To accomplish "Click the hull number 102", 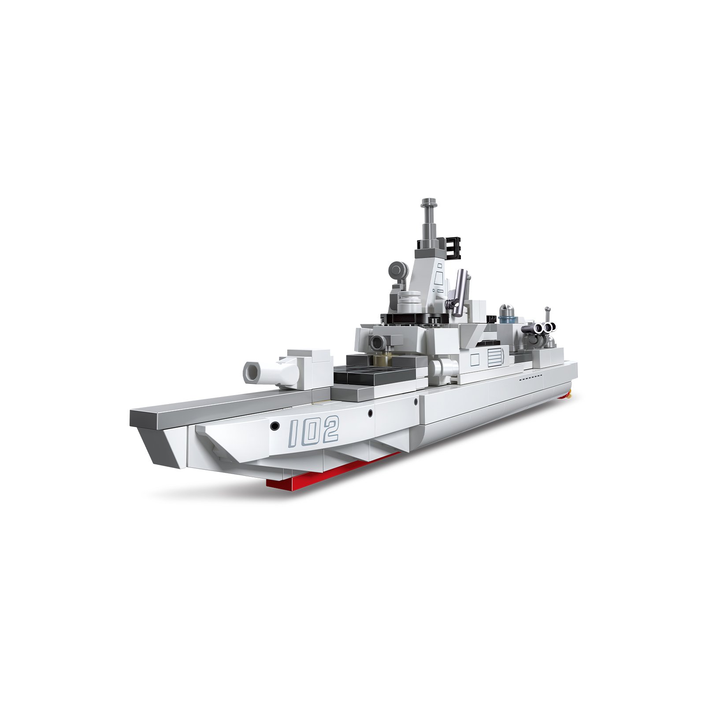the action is click(x=314, y=430).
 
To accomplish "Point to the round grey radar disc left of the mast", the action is click(x=398, y=269).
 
